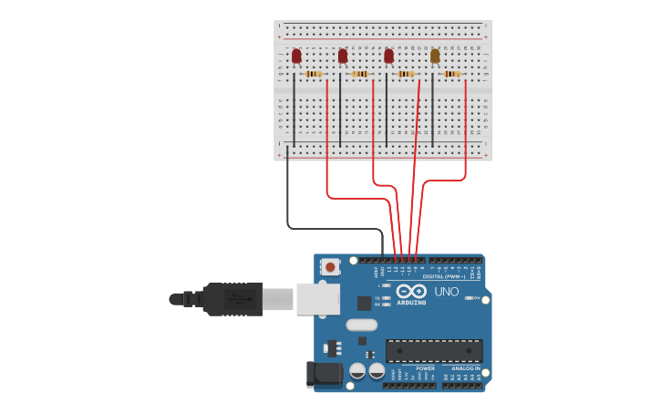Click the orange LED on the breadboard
click(x=435, y=56)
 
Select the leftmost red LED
click(x=296, y=56)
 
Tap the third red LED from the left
click(x=389, y=56)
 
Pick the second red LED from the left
click(x=343, y=56)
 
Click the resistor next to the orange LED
click(x=452, y=74)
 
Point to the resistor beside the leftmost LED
click(x=314, y=74)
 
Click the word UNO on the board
click(x=447, y=292)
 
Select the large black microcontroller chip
click(x=434, y=351)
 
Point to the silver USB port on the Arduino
click(x=317, y=299)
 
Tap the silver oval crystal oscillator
click(x=362, y=325)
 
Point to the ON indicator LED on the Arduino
click(x=471, y=298)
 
